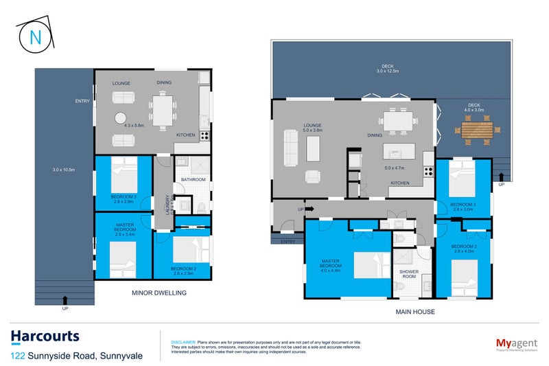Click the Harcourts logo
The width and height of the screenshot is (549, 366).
point(45,336)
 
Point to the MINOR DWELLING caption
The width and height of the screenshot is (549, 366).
point(159,293)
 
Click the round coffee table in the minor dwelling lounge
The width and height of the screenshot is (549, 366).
point(121,117)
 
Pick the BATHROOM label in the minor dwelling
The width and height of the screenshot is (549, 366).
point(193,180)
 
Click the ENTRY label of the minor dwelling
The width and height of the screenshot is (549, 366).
point(82,102)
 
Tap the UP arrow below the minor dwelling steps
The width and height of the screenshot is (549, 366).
point(65,299)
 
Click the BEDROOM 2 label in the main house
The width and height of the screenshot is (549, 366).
point(464,246)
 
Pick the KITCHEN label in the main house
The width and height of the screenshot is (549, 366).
point(400,183)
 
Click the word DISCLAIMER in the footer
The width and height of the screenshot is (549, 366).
point(183,341)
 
